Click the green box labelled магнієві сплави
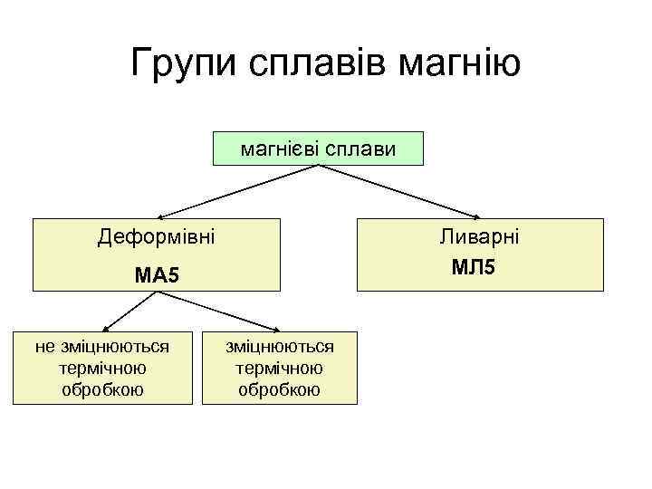pyautogui.click(x=318, y=149)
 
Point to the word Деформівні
pyautogui.click(x=157, y=239)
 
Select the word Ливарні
pyautogui.click(x=480, y=237)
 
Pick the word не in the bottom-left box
pyautogui.click(x=44, y=346)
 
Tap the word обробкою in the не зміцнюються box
pyautogui.click(x=102, y=390)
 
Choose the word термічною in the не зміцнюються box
pyautogui.click(x=102, y=369)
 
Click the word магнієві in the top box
pyautogui.click(x=275, y=148)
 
